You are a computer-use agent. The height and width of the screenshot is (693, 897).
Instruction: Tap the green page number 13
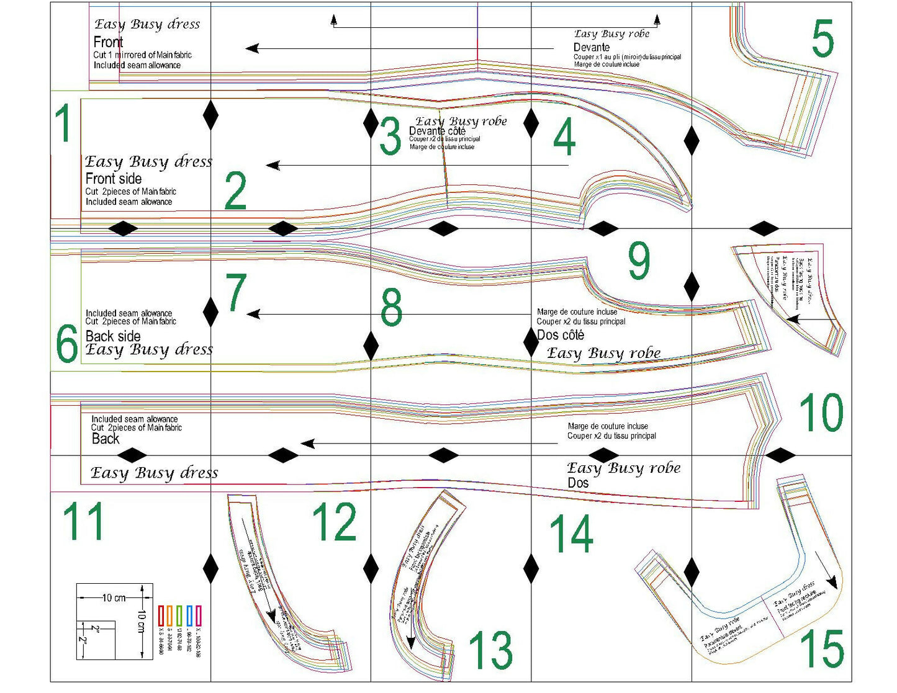[490, 650]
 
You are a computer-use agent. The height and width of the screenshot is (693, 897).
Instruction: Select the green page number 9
[639, 261]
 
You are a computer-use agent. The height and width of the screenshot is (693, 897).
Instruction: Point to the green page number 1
[64, 123]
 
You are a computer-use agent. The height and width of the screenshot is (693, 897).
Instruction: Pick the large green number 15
[822, 649]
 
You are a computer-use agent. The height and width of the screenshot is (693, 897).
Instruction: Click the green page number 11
[83, 521]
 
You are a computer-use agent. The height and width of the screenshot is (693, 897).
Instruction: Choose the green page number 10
[821, 413]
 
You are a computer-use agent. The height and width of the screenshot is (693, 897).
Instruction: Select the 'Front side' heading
[114, 179]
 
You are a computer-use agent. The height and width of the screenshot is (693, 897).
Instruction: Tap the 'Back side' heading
[113, 336]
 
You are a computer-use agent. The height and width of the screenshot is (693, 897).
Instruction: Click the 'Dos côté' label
[561, 335]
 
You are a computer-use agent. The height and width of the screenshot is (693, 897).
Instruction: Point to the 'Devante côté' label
[437, 131]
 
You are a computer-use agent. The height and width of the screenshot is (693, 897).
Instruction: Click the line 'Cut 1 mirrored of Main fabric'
[142, 55]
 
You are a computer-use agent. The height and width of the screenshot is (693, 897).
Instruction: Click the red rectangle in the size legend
[161, 615]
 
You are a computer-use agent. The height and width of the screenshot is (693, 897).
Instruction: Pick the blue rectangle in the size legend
[189, 615]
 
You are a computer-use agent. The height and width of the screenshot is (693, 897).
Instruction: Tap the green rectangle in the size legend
[179, 615]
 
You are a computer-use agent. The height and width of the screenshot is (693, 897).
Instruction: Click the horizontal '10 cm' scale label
[114, 598]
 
